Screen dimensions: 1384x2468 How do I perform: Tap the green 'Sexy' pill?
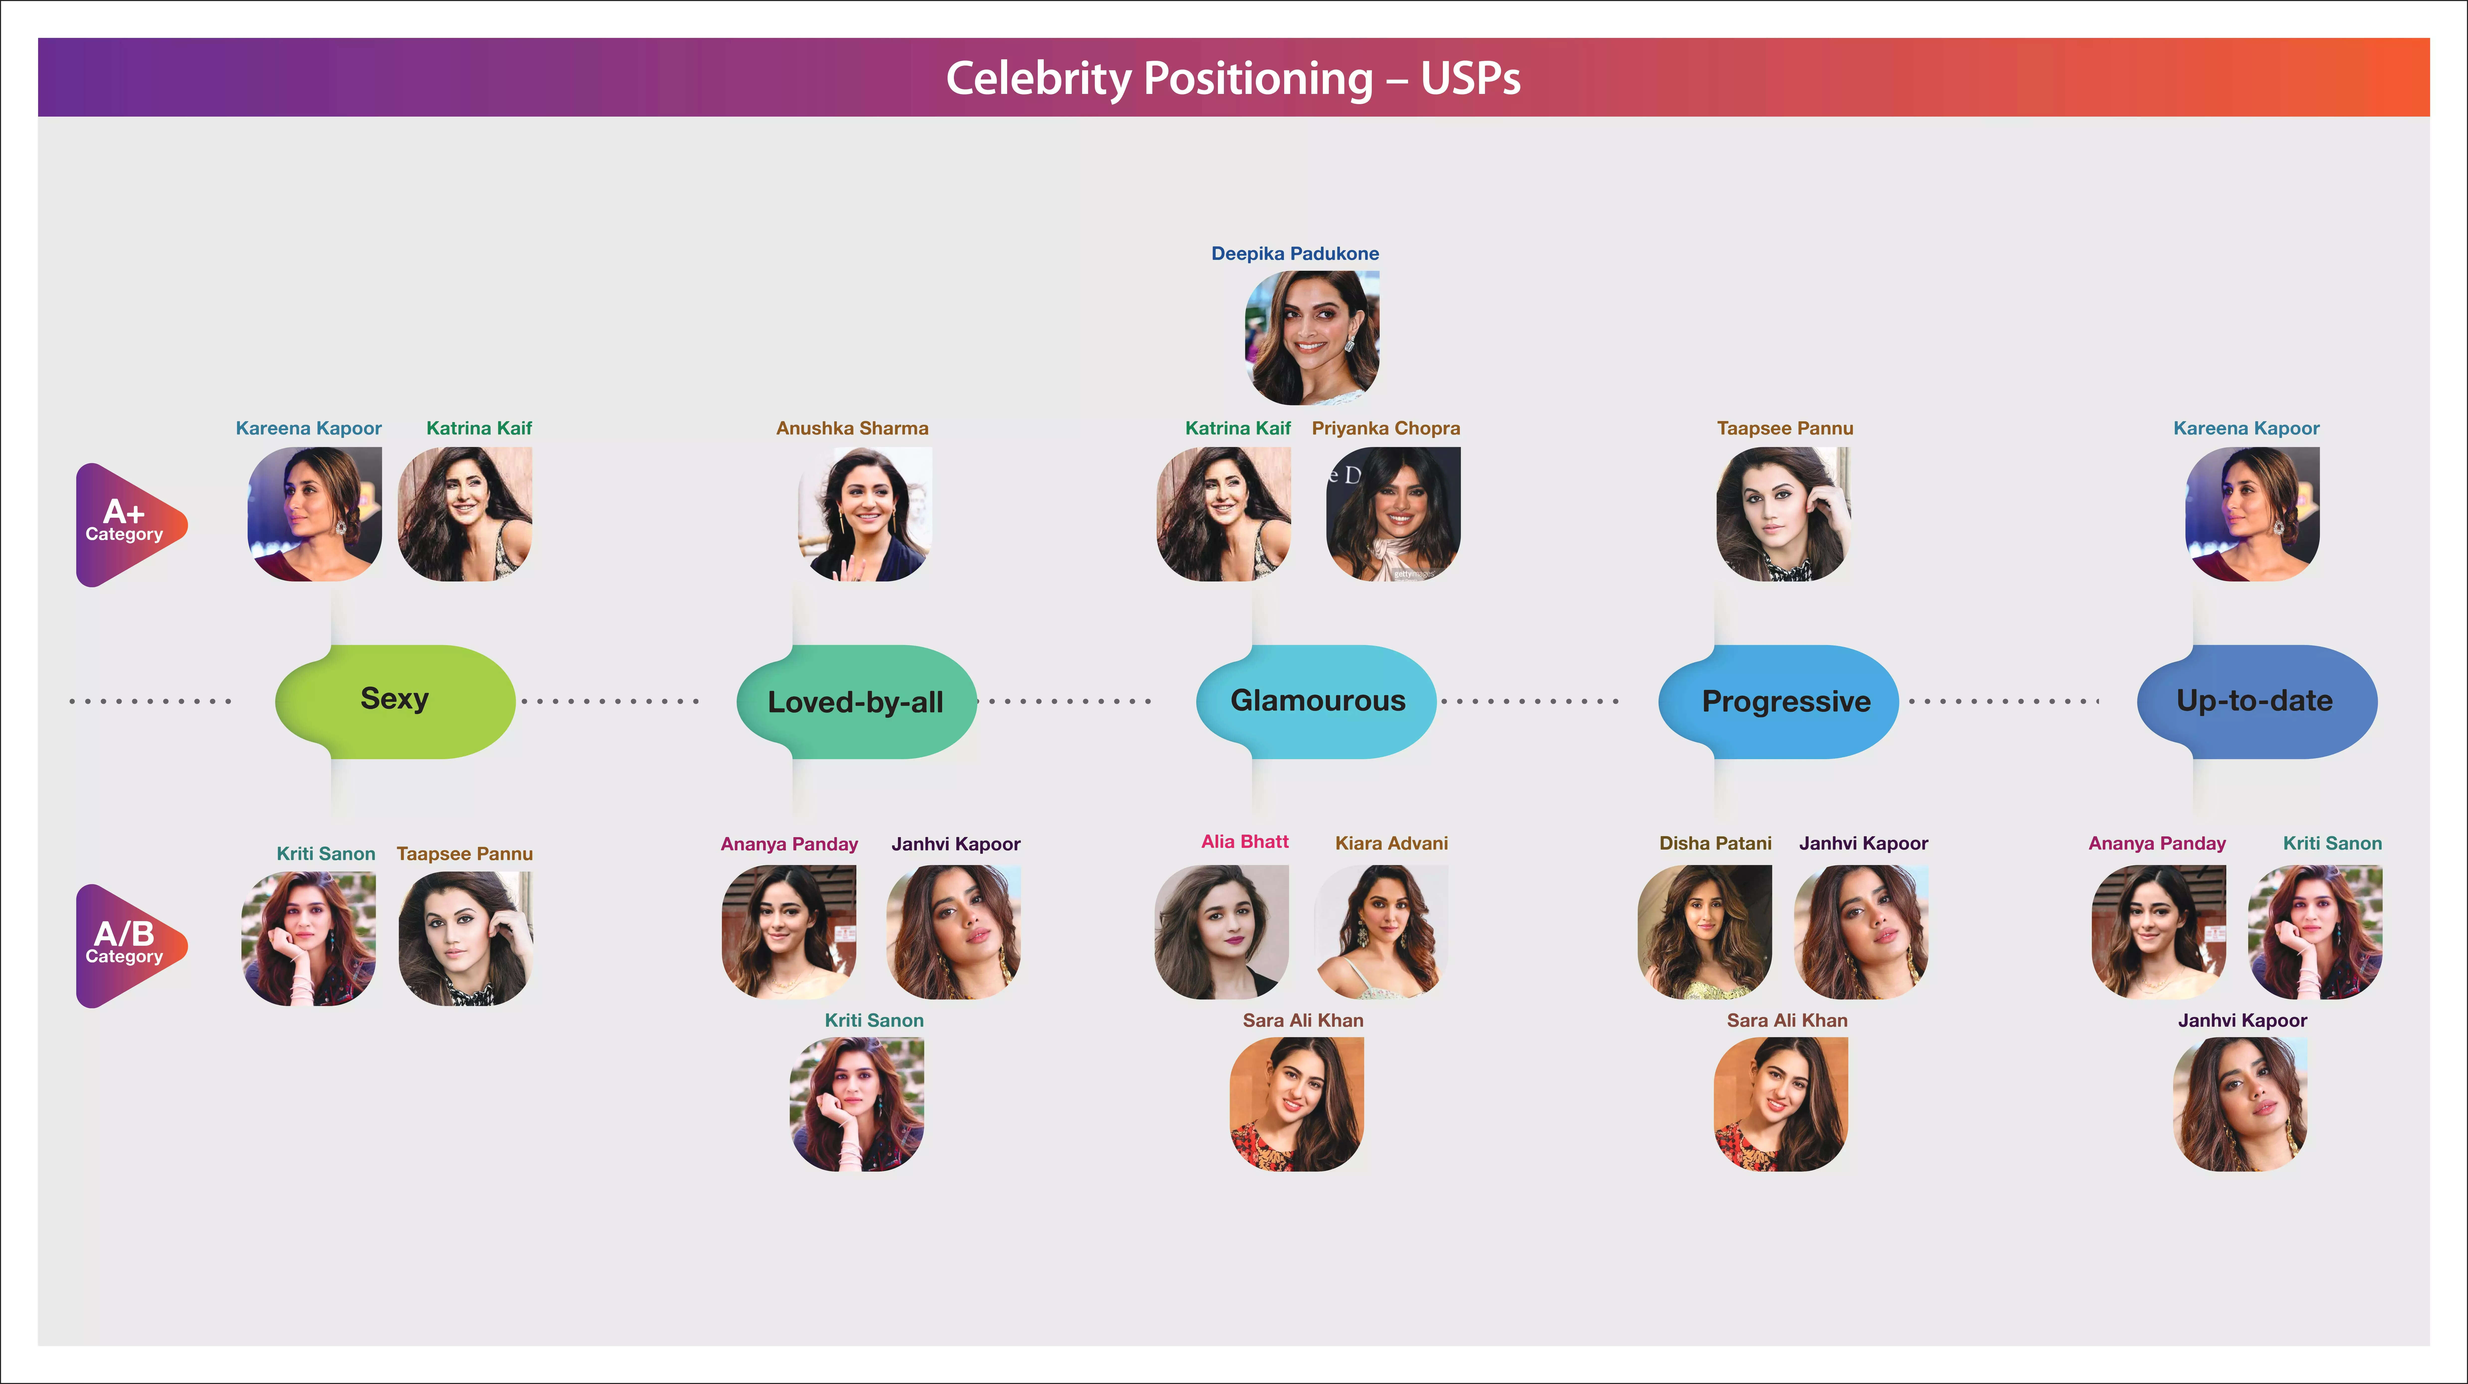click(x=395, y=700)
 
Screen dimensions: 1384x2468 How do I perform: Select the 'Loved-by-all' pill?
click(x=856, y=702)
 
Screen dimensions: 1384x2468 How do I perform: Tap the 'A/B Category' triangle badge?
click(x=127, y=945)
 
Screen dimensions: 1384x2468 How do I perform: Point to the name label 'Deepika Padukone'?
click(x=1294, y=254)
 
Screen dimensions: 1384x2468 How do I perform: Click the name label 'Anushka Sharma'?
click(x=852, y=428)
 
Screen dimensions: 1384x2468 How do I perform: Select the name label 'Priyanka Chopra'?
click(x=1385, y=428)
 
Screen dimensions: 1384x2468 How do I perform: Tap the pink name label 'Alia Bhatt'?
click(x=1245, y=842)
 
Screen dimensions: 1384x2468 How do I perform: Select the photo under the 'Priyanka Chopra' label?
click(x=1393, y=514)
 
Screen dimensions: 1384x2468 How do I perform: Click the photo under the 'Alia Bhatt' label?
click(x=1222, y=932)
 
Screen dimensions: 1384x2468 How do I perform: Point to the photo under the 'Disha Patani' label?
click(x=1704, y=932)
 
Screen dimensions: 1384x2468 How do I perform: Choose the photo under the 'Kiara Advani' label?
click(x=1381, y=932)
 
